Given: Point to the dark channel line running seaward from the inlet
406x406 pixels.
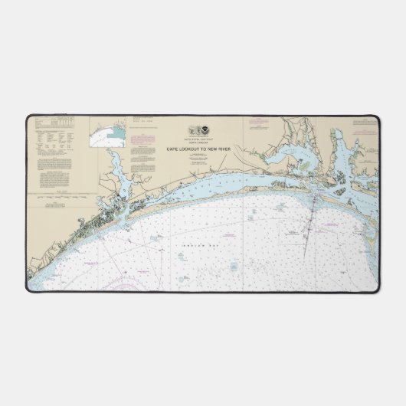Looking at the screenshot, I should [306, 230].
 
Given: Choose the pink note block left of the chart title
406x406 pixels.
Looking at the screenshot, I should [142, 142].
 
